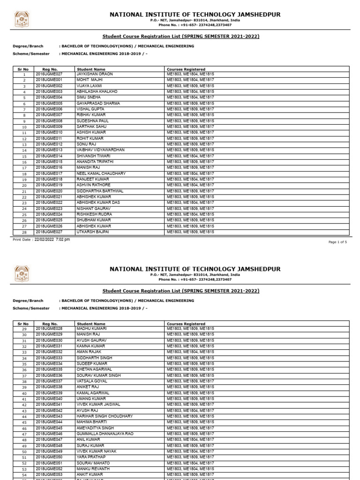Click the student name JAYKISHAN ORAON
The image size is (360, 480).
[95, 74]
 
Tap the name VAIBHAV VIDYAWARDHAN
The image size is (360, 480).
[100, 150]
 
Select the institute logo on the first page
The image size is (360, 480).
[22, 19]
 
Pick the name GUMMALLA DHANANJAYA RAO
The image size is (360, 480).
[105, 434]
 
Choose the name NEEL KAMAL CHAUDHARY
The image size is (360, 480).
[101, 173]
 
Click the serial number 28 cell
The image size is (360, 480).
[24, 232]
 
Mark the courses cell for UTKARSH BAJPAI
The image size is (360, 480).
[190, 232]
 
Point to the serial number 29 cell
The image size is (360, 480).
[24, 329]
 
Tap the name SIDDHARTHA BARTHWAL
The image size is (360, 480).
[100, 191]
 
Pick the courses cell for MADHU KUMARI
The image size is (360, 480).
[190, 329]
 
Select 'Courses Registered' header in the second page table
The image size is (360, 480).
[186, 323]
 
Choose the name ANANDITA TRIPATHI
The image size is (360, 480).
[97, 162]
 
